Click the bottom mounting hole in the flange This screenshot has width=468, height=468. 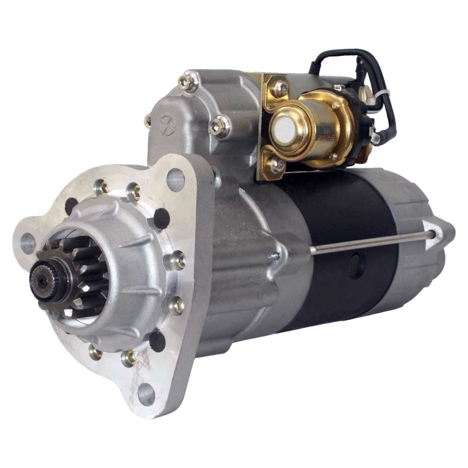tap(146, 394)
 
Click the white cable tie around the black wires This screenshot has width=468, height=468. tap(380, 96)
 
